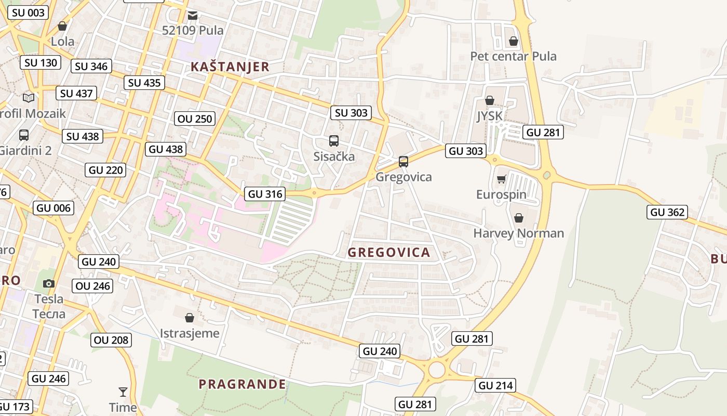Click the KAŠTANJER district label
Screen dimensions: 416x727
(x=230, y=67)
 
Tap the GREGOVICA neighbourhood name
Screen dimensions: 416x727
(x=389, y=253)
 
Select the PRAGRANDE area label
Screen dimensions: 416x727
(x=242, y=384)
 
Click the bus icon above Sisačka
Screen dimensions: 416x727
(x=334, y=141)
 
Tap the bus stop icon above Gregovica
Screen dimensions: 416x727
(x=403, y=161)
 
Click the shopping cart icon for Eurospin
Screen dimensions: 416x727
(x=501, y=179)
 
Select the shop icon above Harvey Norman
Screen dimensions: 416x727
(x=518, y=218)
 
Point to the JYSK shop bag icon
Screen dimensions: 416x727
(x=489, y=100)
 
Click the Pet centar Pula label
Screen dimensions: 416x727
(x=513, y=56)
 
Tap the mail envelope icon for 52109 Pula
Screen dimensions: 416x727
(x=193, y=16)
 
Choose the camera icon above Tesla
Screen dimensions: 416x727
(x=49, y=283)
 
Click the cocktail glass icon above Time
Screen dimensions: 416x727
(x=123, y=392)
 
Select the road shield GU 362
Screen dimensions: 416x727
(x=667, y=212)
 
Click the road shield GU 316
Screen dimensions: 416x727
(x=265, y=194)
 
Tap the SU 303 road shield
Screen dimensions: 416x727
(x=351, y=113)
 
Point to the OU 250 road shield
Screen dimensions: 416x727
(x=195, y=119)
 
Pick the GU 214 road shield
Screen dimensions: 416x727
(x=495, y=385)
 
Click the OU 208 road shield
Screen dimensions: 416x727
(x=111, y=340)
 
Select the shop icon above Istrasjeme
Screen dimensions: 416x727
(x=190, y=317)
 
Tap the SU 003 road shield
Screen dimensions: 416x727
(x=28, y=12)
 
